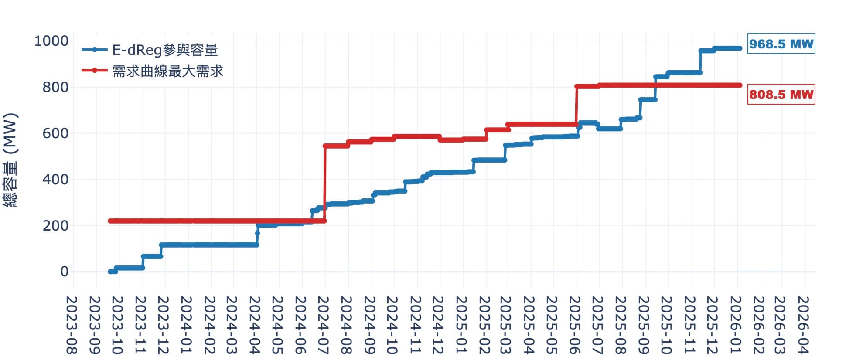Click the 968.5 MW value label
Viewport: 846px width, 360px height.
(x=781, y=44)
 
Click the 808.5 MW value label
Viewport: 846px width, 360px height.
(x=781, y=95)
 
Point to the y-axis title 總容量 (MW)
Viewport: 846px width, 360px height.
(x=10, y=160)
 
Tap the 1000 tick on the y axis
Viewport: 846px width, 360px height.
(x=51, y=41)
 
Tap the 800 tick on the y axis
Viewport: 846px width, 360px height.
(x=55, y=87)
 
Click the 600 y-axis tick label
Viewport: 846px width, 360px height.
(x=55, y=133)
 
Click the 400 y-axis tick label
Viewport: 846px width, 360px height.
(x=55, y=180)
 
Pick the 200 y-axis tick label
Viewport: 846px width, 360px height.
(x=55, y=226)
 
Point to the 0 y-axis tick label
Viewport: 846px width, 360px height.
(x=64, y=272)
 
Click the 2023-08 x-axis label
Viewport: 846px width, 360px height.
(x=72, y=325)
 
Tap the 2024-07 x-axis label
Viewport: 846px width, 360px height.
(x=324, y=325)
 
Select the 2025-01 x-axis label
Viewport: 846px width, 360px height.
(x=461, y=325)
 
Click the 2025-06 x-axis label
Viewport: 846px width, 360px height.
(x=576, y=325)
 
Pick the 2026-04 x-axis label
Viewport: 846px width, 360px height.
(x=803, y=325)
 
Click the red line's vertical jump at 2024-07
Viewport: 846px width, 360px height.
(x=325, y=183)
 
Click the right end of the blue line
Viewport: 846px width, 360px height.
(x=740, y=48)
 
